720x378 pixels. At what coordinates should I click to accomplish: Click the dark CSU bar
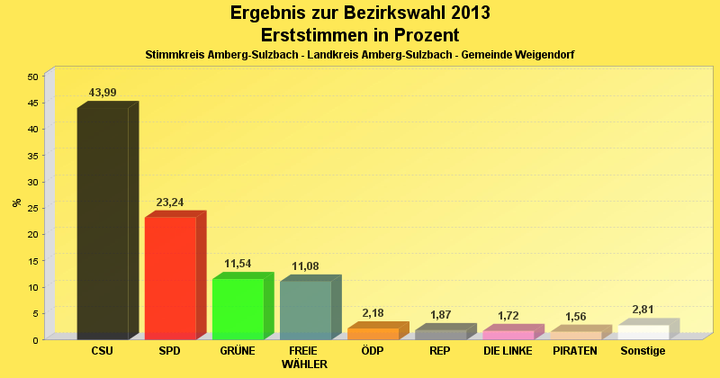click(x=103, y=223)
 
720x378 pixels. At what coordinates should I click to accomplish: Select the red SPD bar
click(x=170, y=277)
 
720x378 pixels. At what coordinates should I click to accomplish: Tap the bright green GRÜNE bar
click(x=238, y=309)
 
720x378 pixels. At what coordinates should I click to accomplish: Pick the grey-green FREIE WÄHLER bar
click(x=305, y=310)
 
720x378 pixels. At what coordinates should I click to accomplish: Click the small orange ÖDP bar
click(x=373, y=334)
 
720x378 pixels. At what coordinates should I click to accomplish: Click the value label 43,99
click(x=103, y=93)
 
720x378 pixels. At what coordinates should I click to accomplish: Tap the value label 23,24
click(x=170, y=202)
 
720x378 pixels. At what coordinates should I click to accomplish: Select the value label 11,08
click(x=305, y=266)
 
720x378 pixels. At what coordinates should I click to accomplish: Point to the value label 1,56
click(x=576, y=317)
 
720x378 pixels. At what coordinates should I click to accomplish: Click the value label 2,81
click(x=643, y=310)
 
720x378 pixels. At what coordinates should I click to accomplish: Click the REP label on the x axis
click(x=440, y=350)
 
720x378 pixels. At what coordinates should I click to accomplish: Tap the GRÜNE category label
click(x=238, y=350)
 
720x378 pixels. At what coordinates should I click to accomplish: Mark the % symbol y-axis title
click(x=17, y=202)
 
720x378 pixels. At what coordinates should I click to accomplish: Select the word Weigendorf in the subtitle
click(x=544, y=55)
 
